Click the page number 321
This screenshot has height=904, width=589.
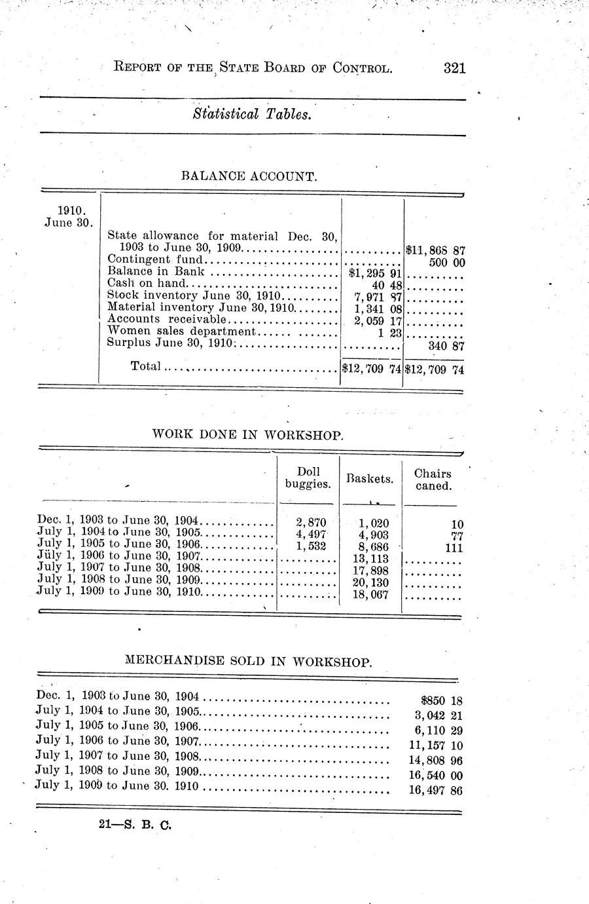454,67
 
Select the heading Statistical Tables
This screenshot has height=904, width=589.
251,115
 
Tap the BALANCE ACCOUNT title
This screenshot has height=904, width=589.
249,176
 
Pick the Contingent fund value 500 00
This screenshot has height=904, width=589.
446,262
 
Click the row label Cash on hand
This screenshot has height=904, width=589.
147,284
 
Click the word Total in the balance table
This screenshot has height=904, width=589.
145,366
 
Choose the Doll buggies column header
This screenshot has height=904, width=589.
308,478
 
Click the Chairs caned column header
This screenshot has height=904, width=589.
433,480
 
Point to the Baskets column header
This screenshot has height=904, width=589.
370,479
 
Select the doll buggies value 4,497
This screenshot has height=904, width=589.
311,535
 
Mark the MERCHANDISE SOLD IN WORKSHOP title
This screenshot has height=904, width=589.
248,662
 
